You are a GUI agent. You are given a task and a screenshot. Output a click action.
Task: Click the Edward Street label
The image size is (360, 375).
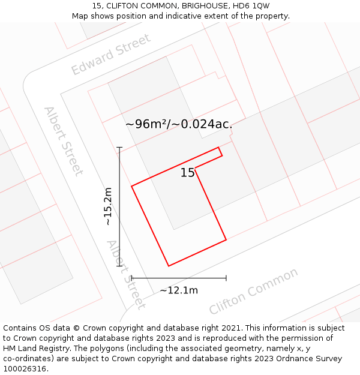111,55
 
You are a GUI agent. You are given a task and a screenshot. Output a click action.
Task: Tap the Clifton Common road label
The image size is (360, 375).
253,292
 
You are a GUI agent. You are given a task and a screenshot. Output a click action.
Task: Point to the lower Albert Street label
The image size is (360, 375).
126,274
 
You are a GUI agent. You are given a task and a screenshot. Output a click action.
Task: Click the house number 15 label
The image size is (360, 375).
187,173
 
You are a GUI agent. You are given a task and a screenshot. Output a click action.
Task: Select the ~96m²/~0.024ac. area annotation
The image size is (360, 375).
179,124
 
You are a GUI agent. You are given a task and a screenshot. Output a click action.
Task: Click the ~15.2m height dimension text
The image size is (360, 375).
108,206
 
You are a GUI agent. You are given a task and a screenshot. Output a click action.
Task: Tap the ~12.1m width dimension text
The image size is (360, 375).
179,290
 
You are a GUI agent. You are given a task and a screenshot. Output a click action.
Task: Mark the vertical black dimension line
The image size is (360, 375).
119,206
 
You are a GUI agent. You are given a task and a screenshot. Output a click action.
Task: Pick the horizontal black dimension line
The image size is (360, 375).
179,278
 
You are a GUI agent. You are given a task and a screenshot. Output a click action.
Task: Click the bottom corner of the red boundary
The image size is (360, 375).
169,265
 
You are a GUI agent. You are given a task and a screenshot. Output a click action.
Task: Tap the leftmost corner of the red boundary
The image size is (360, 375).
132,186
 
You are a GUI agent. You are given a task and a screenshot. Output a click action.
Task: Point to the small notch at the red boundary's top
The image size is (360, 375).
220,151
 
